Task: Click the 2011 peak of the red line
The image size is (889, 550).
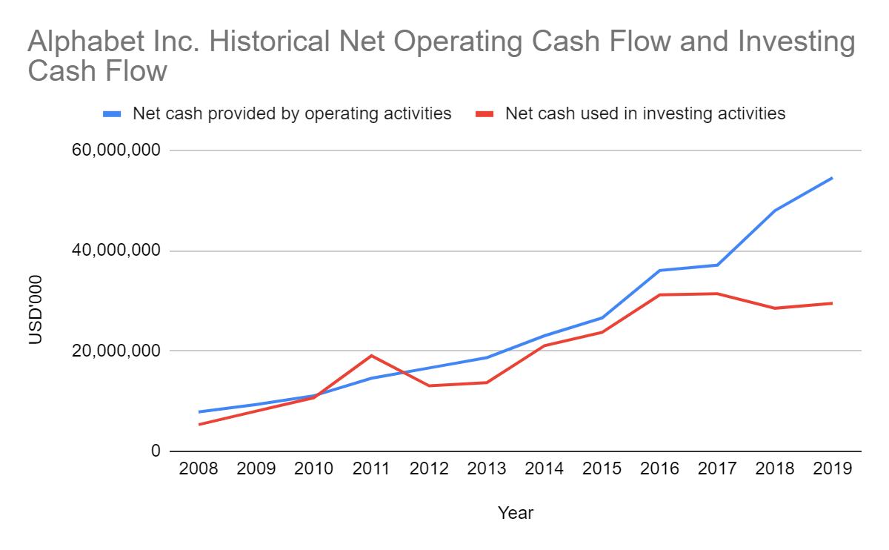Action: (x=372, y=356)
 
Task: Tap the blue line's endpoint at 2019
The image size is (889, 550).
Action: (x=832, y=178)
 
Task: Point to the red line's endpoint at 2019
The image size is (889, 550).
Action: (x=832, y=303)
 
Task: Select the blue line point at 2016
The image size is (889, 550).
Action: (x=659, y=271)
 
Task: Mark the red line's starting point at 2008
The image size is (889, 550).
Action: (x=199, y=424)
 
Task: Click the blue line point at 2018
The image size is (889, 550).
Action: (x=775, y=211)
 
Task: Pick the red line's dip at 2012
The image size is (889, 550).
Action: (x=430, y=385)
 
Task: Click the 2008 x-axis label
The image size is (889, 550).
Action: (x=199, y=469)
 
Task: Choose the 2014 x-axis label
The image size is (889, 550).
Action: (x=545, y=469)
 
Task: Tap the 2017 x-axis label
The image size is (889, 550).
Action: (x=717, y=469)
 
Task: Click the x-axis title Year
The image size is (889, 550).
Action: (x=516, y=513)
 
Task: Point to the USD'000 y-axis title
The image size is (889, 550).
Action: (x=35, y=309)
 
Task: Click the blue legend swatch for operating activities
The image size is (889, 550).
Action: (x=113, y=114)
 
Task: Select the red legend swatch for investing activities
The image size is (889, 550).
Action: (x=485, y=114)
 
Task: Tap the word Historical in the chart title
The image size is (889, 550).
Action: (x=293, y=43)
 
